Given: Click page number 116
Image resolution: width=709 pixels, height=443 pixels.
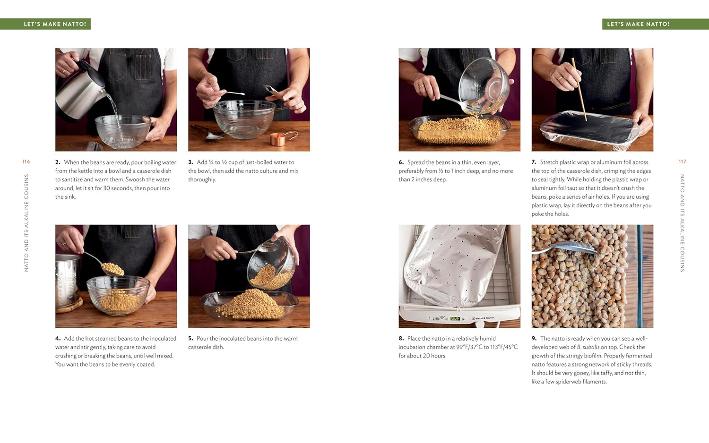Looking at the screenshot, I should [26, 162].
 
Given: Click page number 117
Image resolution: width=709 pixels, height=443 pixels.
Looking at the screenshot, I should [682, 162].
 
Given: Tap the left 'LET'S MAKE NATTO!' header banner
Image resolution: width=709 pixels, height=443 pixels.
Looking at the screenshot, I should [55, 24].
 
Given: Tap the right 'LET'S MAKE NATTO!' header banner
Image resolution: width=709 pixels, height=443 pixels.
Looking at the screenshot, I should [638, 24].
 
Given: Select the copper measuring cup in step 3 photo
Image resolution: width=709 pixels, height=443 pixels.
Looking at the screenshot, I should [279, 139].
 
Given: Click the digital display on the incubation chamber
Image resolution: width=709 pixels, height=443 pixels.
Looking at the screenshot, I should [455, 319].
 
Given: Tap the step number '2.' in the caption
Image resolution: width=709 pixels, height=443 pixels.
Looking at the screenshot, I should [58, 162].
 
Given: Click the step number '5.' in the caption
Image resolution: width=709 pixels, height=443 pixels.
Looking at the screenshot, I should [190, 339].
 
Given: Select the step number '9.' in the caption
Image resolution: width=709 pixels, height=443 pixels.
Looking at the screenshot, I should [534, 339].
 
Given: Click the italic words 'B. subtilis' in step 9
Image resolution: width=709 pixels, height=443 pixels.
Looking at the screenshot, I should [588, 347].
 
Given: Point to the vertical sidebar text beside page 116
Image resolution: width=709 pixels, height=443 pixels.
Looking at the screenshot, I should [26, 222].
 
